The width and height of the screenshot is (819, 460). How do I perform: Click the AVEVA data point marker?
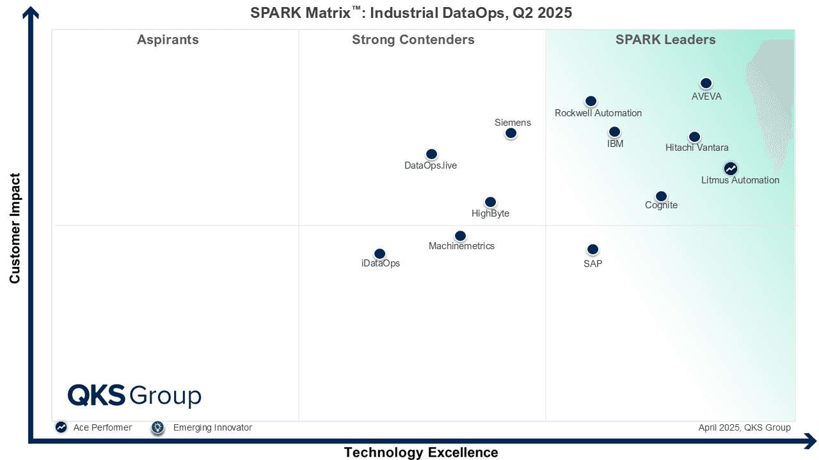coord(706,84)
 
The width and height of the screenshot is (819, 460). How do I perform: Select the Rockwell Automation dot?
coord(591,101)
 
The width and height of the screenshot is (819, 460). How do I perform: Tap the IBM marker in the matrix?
coord(614,132)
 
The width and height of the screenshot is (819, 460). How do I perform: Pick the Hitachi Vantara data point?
coord(694,137)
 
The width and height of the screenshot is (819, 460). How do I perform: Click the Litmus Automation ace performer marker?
coord(730,169)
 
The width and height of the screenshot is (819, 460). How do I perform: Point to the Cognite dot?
coord(661,196)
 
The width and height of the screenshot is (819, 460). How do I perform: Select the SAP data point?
coord(592,249)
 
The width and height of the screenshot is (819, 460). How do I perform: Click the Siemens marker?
coord(511,133)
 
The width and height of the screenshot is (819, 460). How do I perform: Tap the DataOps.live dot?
coord(431,154)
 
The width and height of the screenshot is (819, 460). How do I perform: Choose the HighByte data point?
coord(490,202)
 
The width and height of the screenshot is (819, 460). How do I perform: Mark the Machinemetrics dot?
coord(460,236)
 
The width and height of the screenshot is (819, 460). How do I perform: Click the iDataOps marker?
coord(379,254)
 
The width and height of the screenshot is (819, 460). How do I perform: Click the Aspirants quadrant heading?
coord(168,40)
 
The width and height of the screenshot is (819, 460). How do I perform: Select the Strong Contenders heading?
coord(413,40)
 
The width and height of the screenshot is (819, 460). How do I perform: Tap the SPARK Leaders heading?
coord(665,40)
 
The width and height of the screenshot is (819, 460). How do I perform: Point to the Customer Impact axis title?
coord(15,228)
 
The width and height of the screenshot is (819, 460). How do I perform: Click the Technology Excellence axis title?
coord(421,452)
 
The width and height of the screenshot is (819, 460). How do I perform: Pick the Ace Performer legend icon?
coord(61,427)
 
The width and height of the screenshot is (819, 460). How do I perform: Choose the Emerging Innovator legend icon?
coord(158,427)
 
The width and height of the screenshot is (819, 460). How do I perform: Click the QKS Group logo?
coord(134,395)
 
